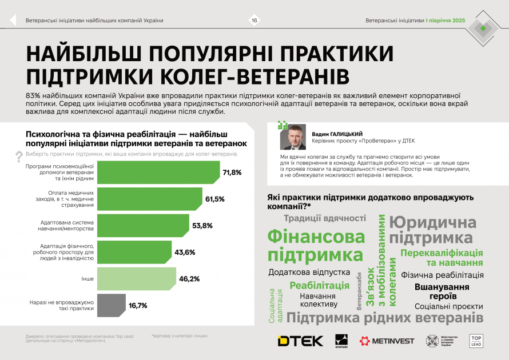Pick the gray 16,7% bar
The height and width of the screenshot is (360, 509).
[112, 305]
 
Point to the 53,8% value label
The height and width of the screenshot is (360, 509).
[202, 226]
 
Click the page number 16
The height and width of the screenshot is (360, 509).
[254, 21]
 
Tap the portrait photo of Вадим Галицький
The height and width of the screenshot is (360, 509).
[292, 137]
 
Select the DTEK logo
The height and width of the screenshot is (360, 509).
[300, 341]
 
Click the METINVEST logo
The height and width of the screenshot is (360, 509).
[387, 341]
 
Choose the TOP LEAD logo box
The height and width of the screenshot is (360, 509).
[476, 341]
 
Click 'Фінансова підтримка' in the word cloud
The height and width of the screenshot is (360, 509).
[316, 246]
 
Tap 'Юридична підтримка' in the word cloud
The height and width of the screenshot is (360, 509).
[433, 230]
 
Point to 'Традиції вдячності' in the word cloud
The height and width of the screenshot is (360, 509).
[324, 218]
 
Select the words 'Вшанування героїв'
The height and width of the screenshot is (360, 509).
[442, 291]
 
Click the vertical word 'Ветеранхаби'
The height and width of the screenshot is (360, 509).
[359, 291]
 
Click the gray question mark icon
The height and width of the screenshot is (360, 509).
[19, 155]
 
